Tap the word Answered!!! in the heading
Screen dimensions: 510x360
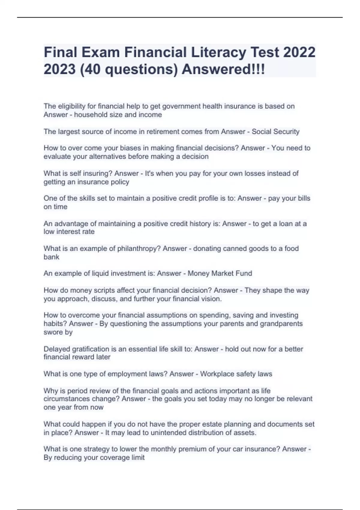223,69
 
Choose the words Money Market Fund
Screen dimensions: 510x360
220,273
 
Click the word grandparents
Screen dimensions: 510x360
281,324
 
